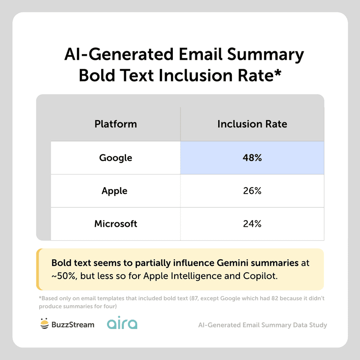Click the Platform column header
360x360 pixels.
tap(116, 124)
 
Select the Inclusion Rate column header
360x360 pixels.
tap(252, 124)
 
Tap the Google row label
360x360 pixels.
tap(116, 158)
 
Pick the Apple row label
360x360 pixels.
tap(114, 191)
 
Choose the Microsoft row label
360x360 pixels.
tap(116, 224)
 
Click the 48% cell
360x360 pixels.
tap(252, 158)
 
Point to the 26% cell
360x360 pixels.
tap(252, 191)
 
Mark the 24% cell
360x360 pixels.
tap(252, 224)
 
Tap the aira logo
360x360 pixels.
tap(122, 324)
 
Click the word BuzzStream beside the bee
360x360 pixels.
tap(73, 324)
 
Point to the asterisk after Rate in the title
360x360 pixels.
tap(278, 72)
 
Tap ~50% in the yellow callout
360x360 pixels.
tap(63, 275)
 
